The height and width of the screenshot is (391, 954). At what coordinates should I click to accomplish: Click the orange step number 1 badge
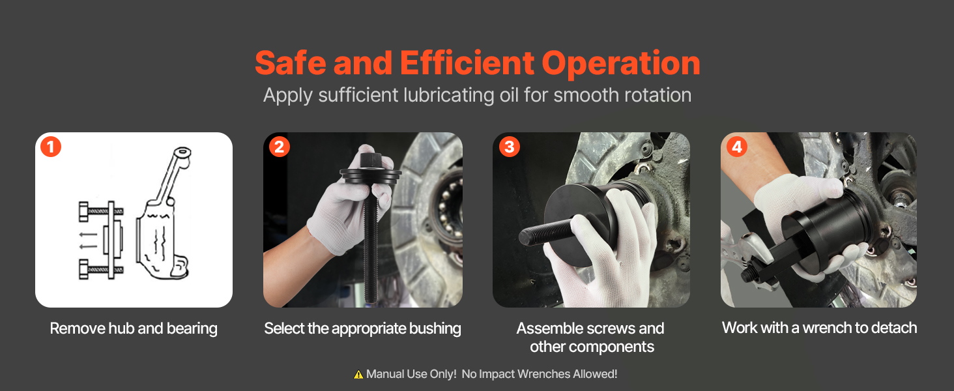(51, 147)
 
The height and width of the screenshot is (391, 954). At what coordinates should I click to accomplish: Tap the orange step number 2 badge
(280, 147)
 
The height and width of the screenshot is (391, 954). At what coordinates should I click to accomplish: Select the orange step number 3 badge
(510, 147)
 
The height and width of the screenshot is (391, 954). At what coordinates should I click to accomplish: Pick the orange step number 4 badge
(737, 147)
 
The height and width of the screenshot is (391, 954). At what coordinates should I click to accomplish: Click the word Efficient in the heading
(467, 63)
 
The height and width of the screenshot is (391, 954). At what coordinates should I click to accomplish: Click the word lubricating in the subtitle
(448, 95)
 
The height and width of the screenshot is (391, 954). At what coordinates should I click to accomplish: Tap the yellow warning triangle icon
(358, 375)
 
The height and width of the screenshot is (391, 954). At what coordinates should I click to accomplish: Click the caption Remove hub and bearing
(134, 329)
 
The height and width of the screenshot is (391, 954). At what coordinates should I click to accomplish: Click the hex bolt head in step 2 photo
(371, 160)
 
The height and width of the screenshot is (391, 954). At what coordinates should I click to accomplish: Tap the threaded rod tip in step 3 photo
(526, 237)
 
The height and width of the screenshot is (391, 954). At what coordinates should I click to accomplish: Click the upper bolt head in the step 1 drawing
(84, 211)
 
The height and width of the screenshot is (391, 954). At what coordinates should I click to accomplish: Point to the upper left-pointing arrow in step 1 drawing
(89, 235)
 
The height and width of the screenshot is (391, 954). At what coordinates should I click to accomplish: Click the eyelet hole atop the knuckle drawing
(182, 151)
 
